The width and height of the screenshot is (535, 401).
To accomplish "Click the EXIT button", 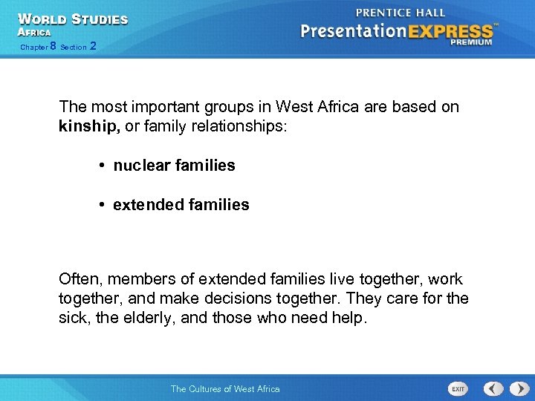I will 458,388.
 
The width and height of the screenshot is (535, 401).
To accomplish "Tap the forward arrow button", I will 514,388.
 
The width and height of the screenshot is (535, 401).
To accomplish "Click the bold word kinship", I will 88,126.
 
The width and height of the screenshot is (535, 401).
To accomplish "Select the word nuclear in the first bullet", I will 140,166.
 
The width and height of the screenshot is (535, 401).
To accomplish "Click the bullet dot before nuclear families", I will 102,166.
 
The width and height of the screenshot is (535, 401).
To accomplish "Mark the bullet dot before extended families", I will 102,204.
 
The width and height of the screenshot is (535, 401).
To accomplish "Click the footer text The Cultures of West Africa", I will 225,388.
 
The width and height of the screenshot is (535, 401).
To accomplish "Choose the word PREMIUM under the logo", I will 470,43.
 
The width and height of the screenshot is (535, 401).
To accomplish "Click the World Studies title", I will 73,19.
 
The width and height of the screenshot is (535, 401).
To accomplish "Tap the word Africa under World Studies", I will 34,33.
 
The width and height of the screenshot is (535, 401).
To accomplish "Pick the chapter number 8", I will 53,47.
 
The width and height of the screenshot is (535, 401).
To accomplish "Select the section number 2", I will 92,47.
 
